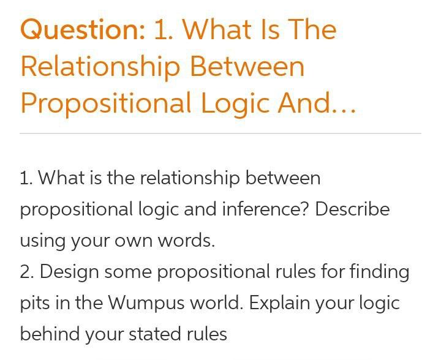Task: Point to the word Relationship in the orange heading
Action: click(100, 66)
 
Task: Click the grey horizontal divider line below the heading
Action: click(221, 133)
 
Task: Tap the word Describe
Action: click(352, 209)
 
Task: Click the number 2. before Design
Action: click(27, 271)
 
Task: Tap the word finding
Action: click(379, 271)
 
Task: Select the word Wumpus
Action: click(143, 303)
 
